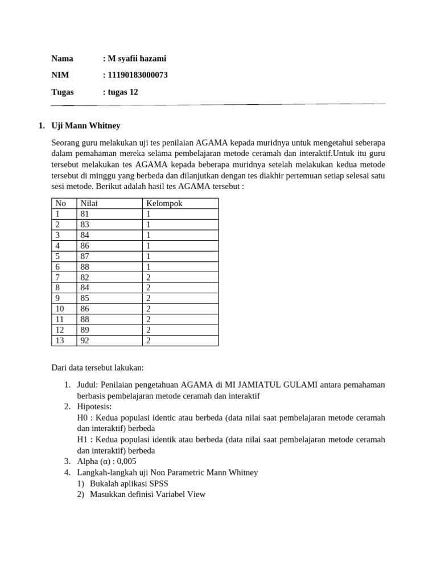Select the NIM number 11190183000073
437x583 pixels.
pyautogui.click(x=137, y=75)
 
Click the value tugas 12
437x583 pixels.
pyautogui.click(x=122, y=92)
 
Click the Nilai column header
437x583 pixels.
pyautogui.click(x=89, y=203)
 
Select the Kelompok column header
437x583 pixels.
pyautogui.click(x=164, y=203)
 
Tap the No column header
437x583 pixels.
pyautogui.click(x=60, y=203)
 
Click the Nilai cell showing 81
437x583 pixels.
pyautogui.click(x=85, y=214)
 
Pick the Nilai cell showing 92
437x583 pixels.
pyautogui.click(x=85, y=340)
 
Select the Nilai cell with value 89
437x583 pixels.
pyautogui.click(x=85, y=330)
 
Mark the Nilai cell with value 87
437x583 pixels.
pyautogui.click(x=85, y=256)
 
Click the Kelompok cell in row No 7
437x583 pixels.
pyautogui.click(x=149, y=277)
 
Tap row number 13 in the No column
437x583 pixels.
pyautogui.click(x=60, y=340)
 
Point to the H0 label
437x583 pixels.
pyautogui.click(x=83, y=417)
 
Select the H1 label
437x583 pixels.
pyautogui.click(x=83, y=440)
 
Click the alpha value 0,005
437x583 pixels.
pyautogui.click(x=124, y=461)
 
